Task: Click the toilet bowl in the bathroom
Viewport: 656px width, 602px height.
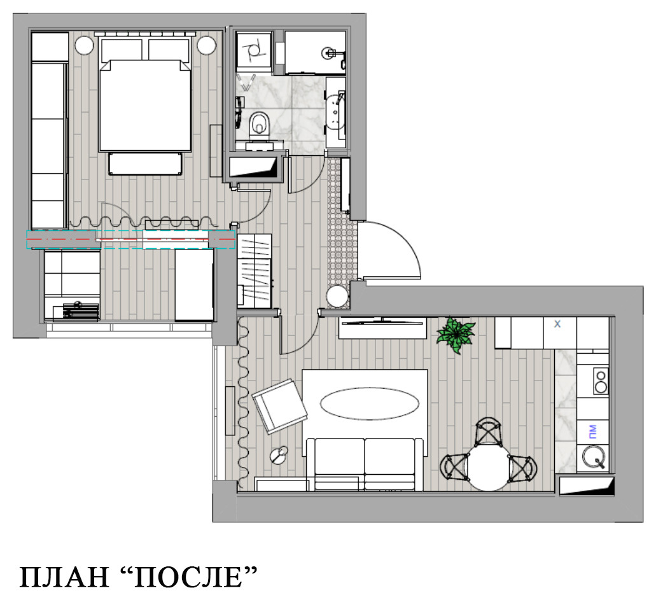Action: point(259,123)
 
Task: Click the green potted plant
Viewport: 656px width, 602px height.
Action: point(456,334)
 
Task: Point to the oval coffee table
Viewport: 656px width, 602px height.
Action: point(369,403)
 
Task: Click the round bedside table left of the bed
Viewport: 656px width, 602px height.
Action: point(84,46)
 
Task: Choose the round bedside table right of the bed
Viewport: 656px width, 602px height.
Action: point(206,46)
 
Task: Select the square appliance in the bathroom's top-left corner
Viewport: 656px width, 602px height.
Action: point(255,50)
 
